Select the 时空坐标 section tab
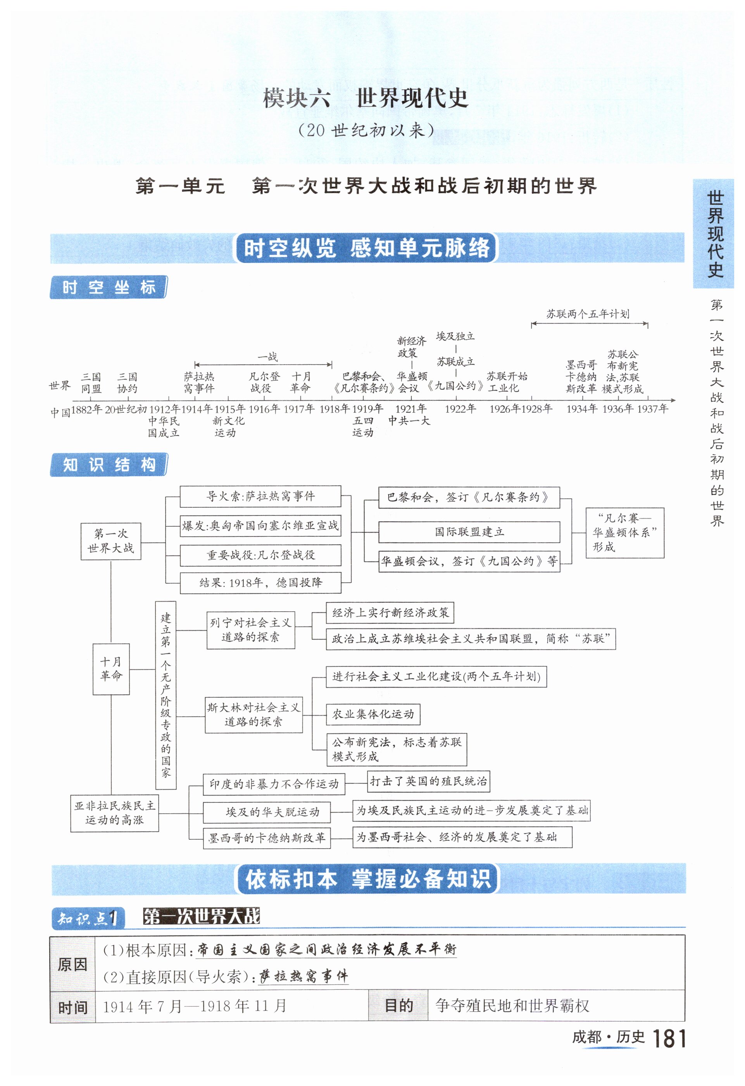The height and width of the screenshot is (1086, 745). click(x=109, y=287)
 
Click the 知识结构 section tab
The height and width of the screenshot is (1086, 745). click(x=109, y=465)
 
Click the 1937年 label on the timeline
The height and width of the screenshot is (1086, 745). click(x=652, y=409)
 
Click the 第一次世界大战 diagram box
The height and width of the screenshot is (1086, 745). click(x=111, y=541)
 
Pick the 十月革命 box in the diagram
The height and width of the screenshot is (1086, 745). click(x=111, y=669)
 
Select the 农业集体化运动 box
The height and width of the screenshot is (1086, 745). click(x=373, y=714)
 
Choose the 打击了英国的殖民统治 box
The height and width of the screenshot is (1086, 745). click(x=428, y=781)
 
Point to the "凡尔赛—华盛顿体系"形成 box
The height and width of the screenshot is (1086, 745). click(x=624, y=532)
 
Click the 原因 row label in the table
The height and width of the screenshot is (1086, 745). click(x=72, y=964)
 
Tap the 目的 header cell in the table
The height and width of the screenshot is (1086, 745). click(x=398, y=1006)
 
